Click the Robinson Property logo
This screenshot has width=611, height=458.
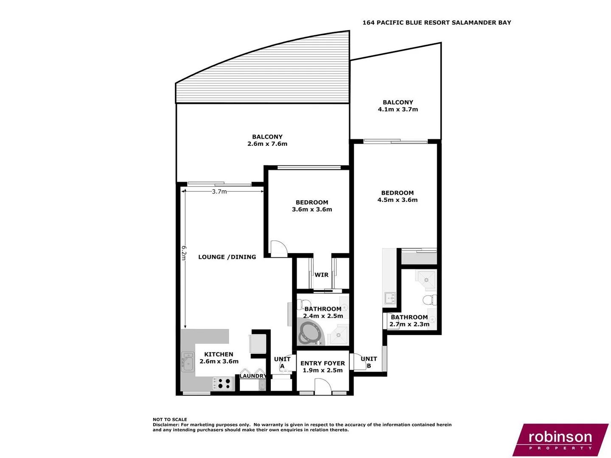coord(560,439)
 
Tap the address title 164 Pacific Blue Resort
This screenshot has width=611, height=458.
coord(436,22)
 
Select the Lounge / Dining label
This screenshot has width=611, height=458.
coord(227,257)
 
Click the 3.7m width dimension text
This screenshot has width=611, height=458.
coord(219,192)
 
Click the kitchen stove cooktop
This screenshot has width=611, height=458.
coord(223,384)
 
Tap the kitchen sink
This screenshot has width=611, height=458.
coord(187,361)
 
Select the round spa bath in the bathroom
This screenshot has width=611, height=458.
coord(309,333)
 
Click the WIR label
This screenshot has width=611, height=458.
coord(321,275)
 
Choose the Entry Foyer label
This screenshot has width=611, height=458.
coord(322,363)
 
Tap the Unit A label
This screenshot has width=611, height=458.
coord(282,363)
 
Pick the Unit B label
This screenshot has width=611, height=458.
coord(369,362)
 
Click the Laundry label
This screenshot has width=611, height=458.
coord(253,376)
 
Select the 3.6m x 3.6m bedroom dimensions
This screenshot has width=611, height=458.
coord(312,209)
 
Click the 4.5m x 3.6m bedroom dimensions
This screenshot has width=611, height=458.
coord(397,200)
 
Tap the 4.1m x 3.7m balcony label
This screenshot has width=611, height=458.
coord(398,109)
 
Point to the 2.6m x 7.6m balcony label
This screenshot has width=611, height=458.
coord(267,144)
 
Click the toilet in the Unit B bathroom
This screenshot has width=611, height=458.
coord(429,300)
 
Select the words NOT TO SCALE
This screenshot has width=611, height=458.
coord(170,419)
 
